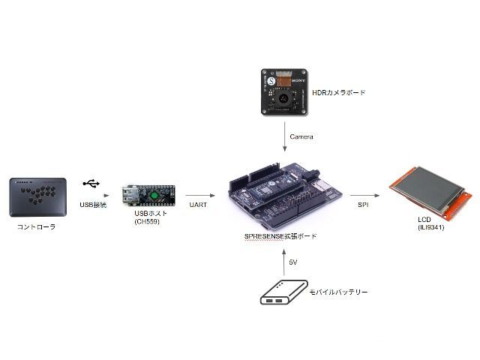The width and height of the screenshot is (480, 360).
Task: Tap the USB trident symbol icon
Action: point(91,184)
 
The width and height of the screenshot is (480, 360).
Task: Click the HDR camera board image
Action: point(285,92)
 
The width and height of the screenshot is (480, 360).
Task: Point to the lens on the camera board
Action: point(283,97)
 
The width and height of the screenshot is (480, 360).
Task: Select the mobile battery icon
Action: point(283,292)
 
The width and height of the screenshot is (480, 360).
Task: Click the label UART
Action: point(199,203)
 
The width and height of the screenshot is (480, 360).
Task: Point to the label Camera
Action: point(301,136)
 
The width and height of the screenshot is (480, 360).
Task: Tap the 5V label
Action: point(293,262)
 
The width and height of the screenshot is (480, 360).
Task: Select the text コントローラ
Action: point(37,226)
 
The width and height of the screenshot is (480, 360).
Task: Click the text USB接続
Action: point(93,204)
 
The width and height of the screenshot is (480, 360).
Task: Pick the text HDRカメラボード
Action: point(338,92)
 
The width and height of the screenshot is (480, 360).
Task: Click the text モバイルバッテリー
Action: point(338,292)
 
